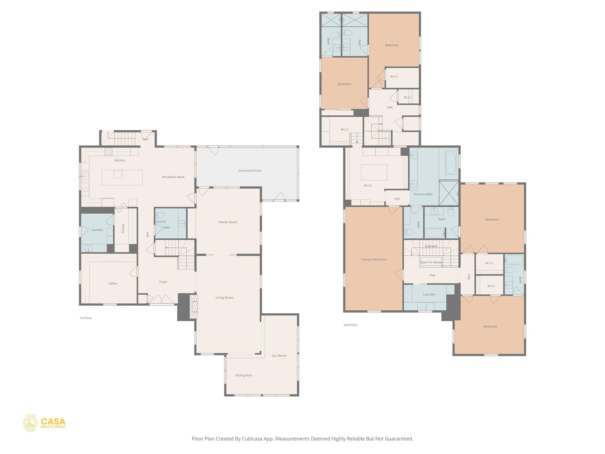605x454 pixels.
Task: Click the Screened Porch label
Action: point(250,171)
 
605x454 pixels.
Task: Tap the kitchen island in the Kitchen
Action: point(122,177)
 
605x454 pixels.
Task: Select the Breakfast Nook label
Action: point(173,177)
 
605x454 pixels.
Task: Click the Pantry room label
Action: point(123,229)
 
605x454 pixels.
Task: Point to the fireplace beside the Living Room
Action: point(193,307)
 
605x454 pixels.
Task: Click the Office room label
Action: point(113,283)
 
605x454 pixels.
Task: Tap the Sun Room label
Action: point(279,356)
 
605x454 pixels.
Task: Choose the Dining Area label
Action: point(243,375)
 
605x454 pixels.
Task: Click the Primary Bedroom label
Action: point(374,260)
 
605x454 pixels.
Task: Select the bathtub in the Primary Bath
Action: point(451,163)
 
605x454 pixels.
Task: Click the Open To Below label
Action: point(431,262)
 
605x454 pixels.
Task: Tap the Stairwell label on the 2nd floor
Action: point(431,246)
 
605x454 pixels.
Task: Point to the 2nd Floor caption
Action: point(350,325)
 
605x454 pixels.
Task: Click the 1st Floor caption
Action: point(86,318)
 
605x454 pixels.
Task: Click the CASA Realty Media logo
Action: point(44,423)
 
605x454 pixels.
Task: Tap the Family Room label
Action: point(228,222)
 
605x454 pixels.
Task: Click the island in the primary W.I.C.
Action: point(374,172)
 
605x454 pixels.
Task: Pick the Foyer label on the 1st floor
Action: point(163,282)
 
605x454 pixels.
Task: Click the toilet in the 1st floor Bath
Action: point(160,215)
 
